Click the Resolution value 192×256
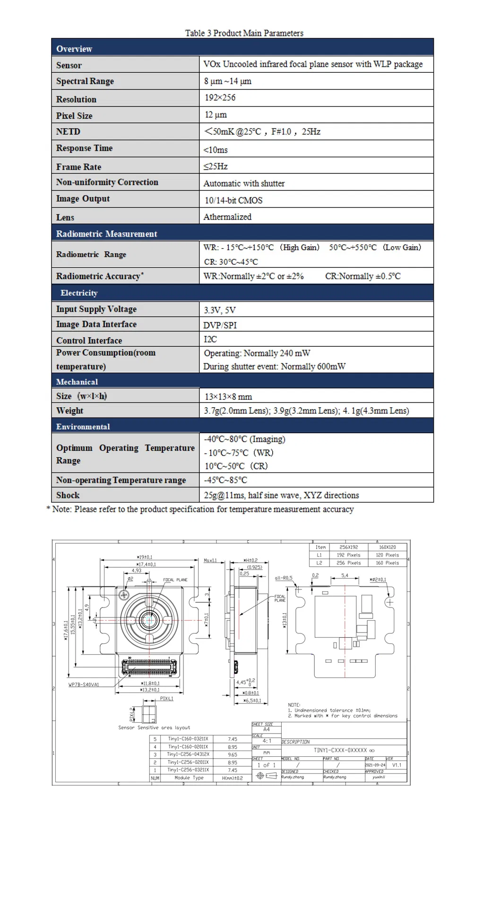click(220, 98)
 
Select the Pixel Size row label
click(74, 116)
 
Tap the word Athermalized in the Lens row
click(227, 217)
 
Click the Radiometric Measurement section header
click(106, 234)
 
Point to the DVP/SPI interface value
click(220, 325)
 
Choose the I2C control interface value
click(210, 339)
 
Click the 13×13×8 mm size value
click(228, 397)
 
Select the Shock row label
click(68, 495)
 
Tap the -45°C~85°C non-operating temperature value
click(225, 480)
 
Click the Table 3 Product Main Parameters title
click(244, 33)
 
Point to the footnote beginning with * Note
click(200, 509)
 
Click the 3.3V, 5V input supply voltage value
click(219, 310)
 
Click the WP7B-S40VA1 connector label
click(84, 684)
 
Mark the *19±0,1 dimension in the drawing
click(144, 557)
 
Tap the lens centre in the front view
click(149, 620)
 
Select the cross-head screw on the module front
click(124, 595)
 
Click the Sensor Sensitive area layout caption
click(154, 727)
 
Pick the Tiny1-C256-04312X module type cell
click(188, 754)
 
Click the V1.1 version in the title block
click(397, 765)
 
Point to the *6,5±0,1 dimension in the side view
click(252, 701)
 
